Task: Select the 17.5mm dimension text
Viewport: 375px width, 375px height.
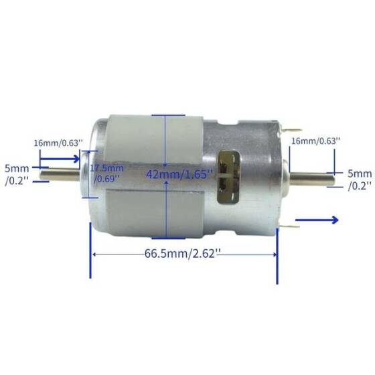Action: click(107, 167)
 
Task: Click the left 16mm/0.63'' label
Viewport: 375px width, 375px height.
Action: click(58, 143)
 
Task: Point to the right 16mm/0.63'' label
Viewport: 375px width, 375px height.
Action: click(315, 141)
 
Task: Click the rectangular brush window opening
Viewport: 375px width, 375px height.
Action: click(228, 174)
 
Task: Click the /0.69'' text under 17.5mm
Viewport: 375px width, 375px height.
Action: click(107, 179)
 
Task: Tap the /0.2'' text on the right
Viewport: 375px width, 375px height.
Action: click(360, 186)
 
